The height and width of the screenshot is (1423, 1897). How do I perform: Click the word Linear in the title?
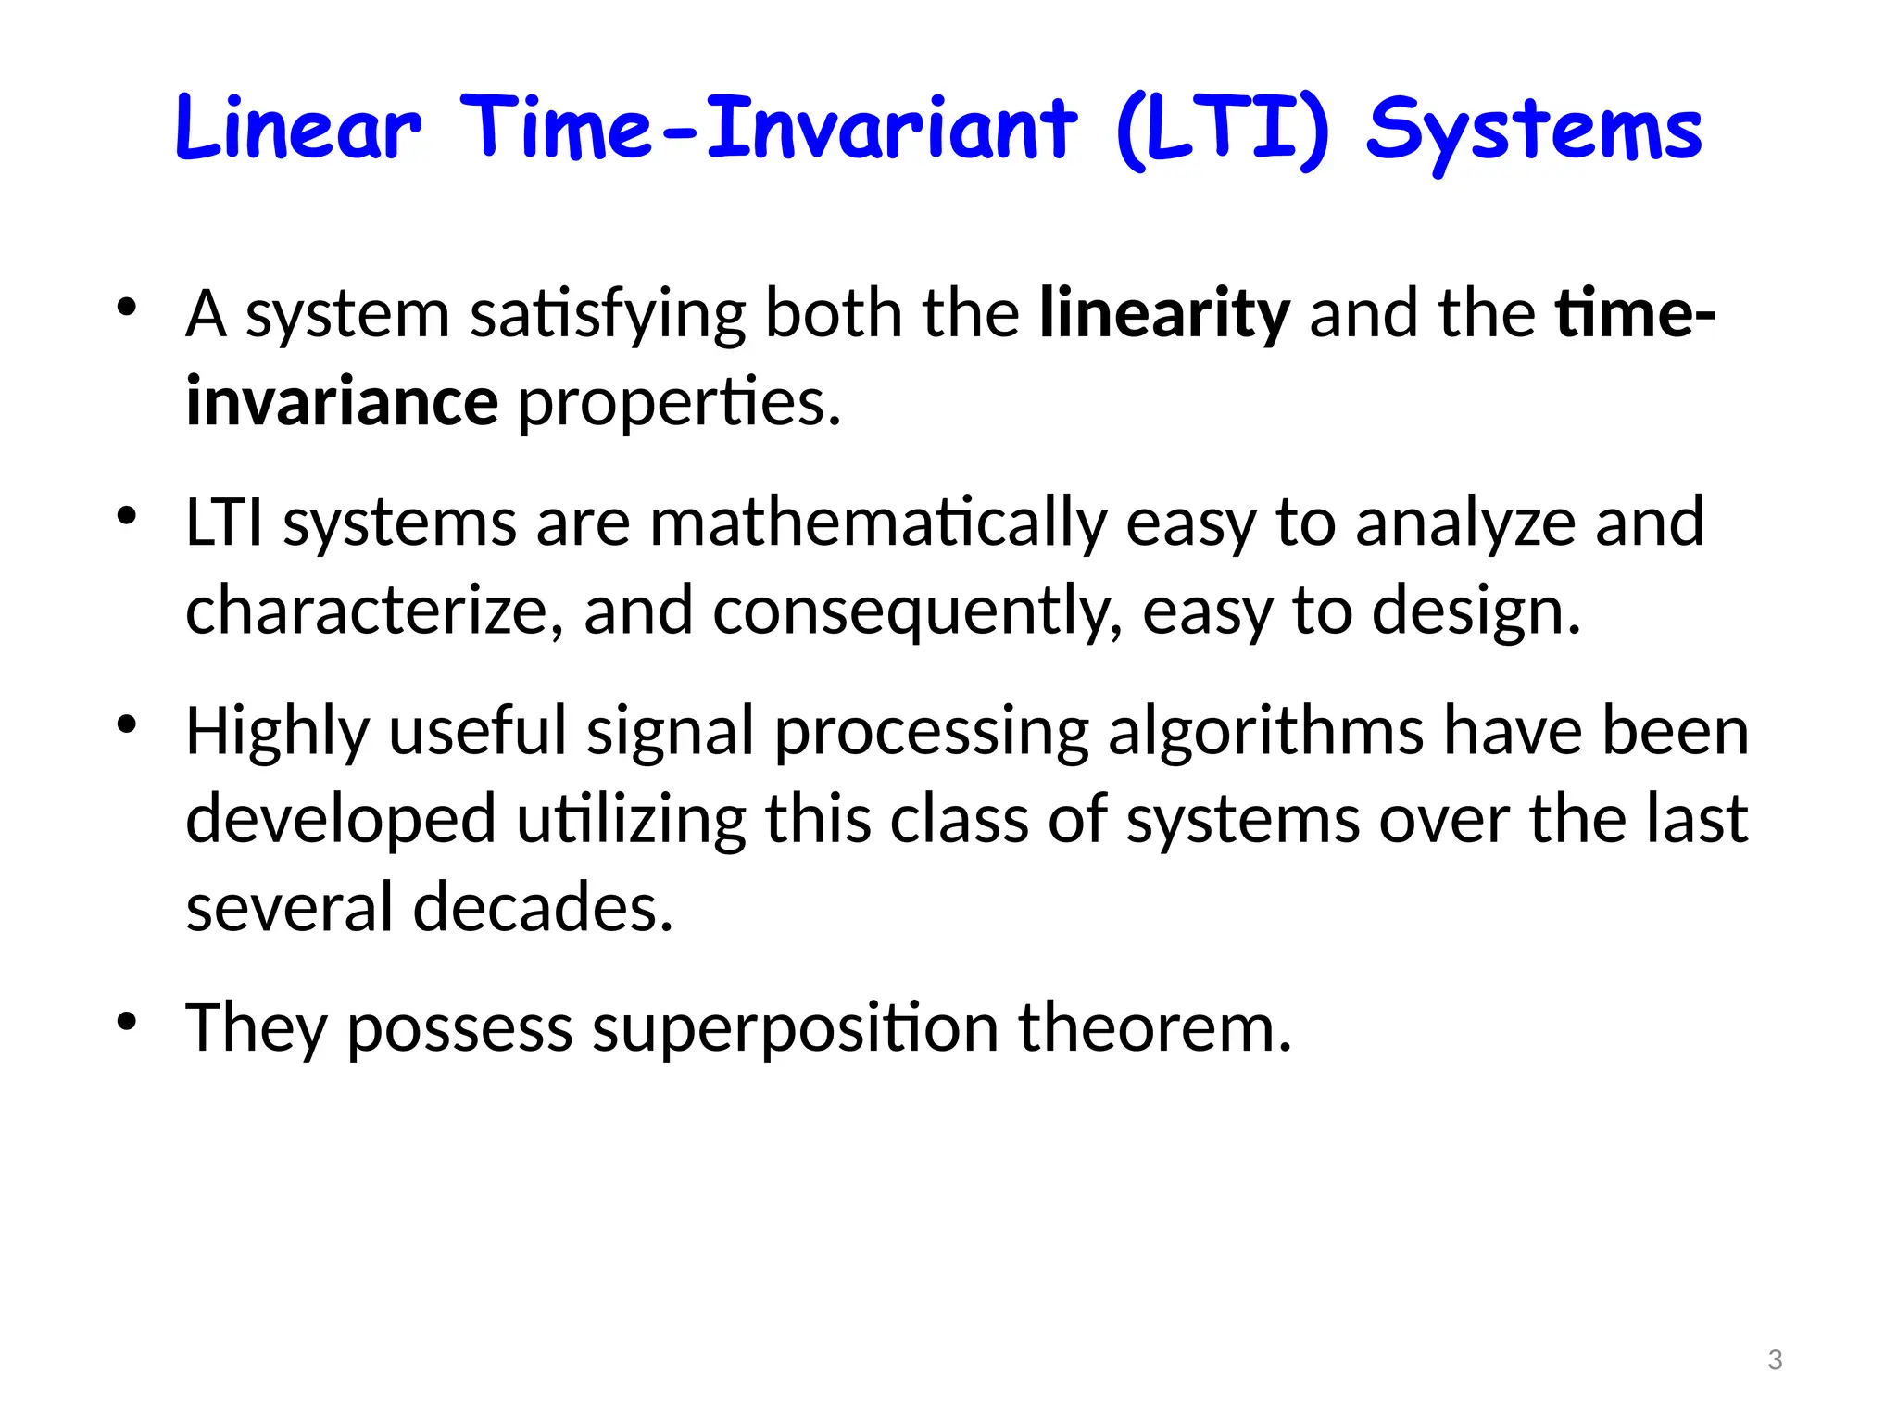[297, 129]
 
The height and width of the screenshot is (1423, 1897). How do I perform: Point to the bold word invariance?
[342, 402]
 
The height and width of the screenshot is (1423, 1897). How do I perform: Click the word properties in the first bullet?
[680, 404]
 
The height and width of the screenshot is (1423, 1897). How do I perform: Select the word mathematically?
[877, 523]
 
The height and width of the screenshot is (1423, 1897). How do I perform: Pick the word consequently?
[917, 612]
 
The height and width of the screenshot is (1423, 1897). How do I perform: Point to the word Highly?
[277, 732]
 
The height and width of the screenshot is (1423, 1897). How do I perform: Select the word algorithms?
[1265, 732]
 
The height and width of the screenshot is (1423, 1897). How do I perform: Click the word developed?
[341, 820]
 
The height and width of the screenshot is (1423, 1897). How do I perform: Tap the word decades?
[542, 907]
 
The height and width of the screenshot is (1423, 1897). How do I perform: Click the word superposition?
[795, 1028]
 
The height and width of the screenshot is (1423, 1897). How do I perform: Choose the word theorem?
[1154, 1027]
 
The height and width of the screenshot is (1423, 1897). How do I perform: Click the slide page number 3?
[1775, 1360]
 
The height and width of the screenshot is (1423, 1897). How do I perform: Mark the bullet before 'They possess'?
[127, 1022]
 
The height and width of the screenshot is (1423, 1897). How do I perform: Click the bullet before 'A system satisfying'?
[127, 307]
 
